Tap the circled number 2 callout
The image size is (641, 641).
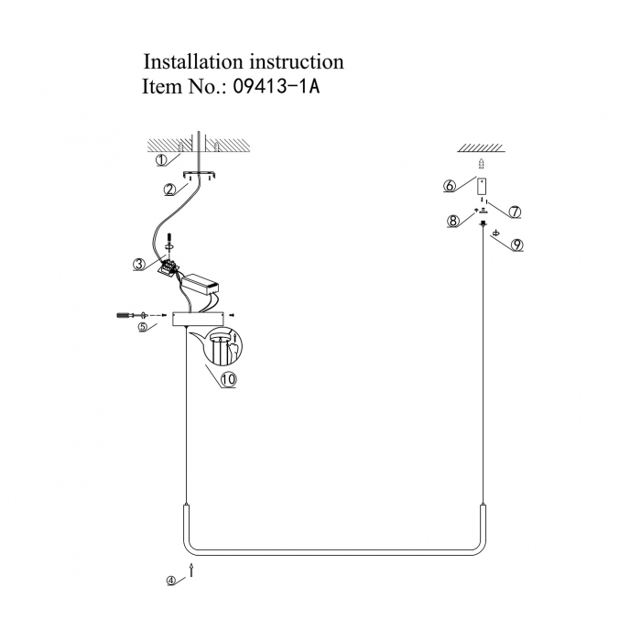tap(170, 190)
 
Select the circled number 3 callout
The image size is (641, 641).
tap(138, 265)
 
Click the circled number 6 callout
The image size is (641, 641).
tap(450, 186)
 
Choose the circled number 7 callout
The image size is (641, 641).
tap(515, 212)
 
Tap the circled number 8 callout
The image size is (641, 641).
tap(452, 220)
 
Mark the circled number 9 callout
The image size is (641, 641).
tap(517, 245)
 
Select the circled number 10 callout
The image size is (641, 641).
tap(228, 377)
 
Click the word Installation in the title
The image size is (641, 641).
tap(193, 62)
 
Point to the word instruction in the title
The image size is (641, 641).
tap(297, 62)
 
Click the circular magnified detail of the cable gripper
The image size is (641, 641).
tap(223, 347)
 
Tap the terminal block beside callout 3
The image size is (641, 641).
tap(169, 267)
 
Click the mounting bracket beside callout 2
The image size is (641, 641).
tap(198, 174)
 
